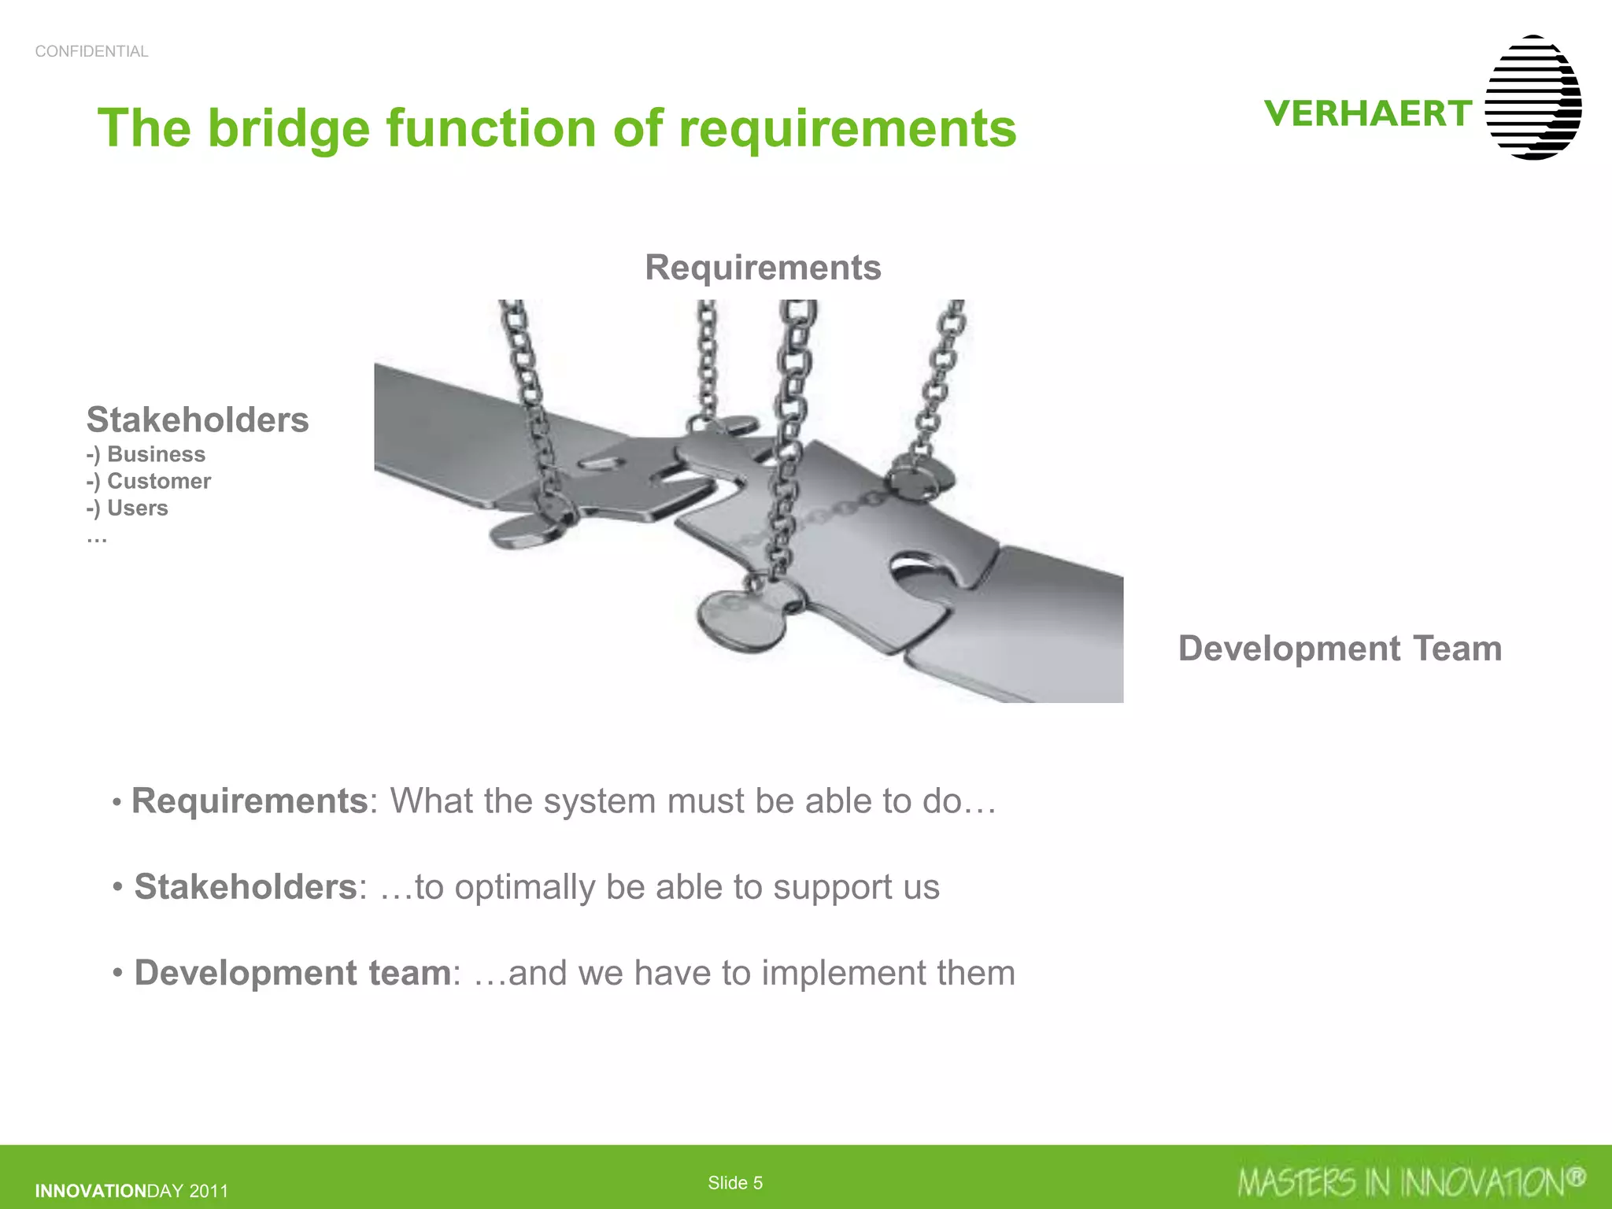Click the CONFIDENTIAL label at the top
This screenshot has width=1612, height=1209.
[x=91, y=51]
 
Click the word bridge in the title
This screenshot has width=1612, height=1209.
[x=288, y=128]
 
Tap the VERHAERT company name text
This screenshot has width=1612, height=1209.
[x=1368, y=114]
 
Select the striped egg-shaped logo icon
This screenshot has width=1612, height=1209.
[x=1533, y=98]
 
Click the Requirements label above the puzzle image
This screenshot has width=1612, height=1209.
[x=763, y=268]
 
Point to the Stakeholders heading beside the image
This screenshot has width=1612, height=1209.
[x=198, y=420]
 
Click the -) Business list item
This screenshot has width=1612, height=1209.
[x=146, y=454]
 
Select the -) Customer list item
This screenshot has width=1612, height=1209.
[x=149, y=481]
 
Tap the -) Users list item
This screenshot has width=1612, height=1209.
[x=128, y=508]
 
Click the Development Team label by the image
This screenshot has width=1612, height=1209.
[x=1340, y=649]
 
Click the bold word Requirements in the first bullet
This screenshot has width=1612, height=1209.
[x=249, y=801]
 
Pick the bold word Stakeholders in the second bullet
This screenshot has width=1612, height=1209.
[x=246, y=887]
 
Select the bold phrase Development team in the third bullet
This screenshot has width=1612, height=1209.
[x=292, y=973]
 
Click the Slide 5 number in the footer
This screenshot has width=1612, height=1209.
[x=735, y=1182]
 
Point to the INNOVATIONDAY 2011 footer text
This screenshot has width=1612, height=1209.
[x=131, y=1191]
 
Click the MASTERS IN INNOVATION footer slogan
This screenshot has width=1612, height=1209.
[x=1410, y=1182]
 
